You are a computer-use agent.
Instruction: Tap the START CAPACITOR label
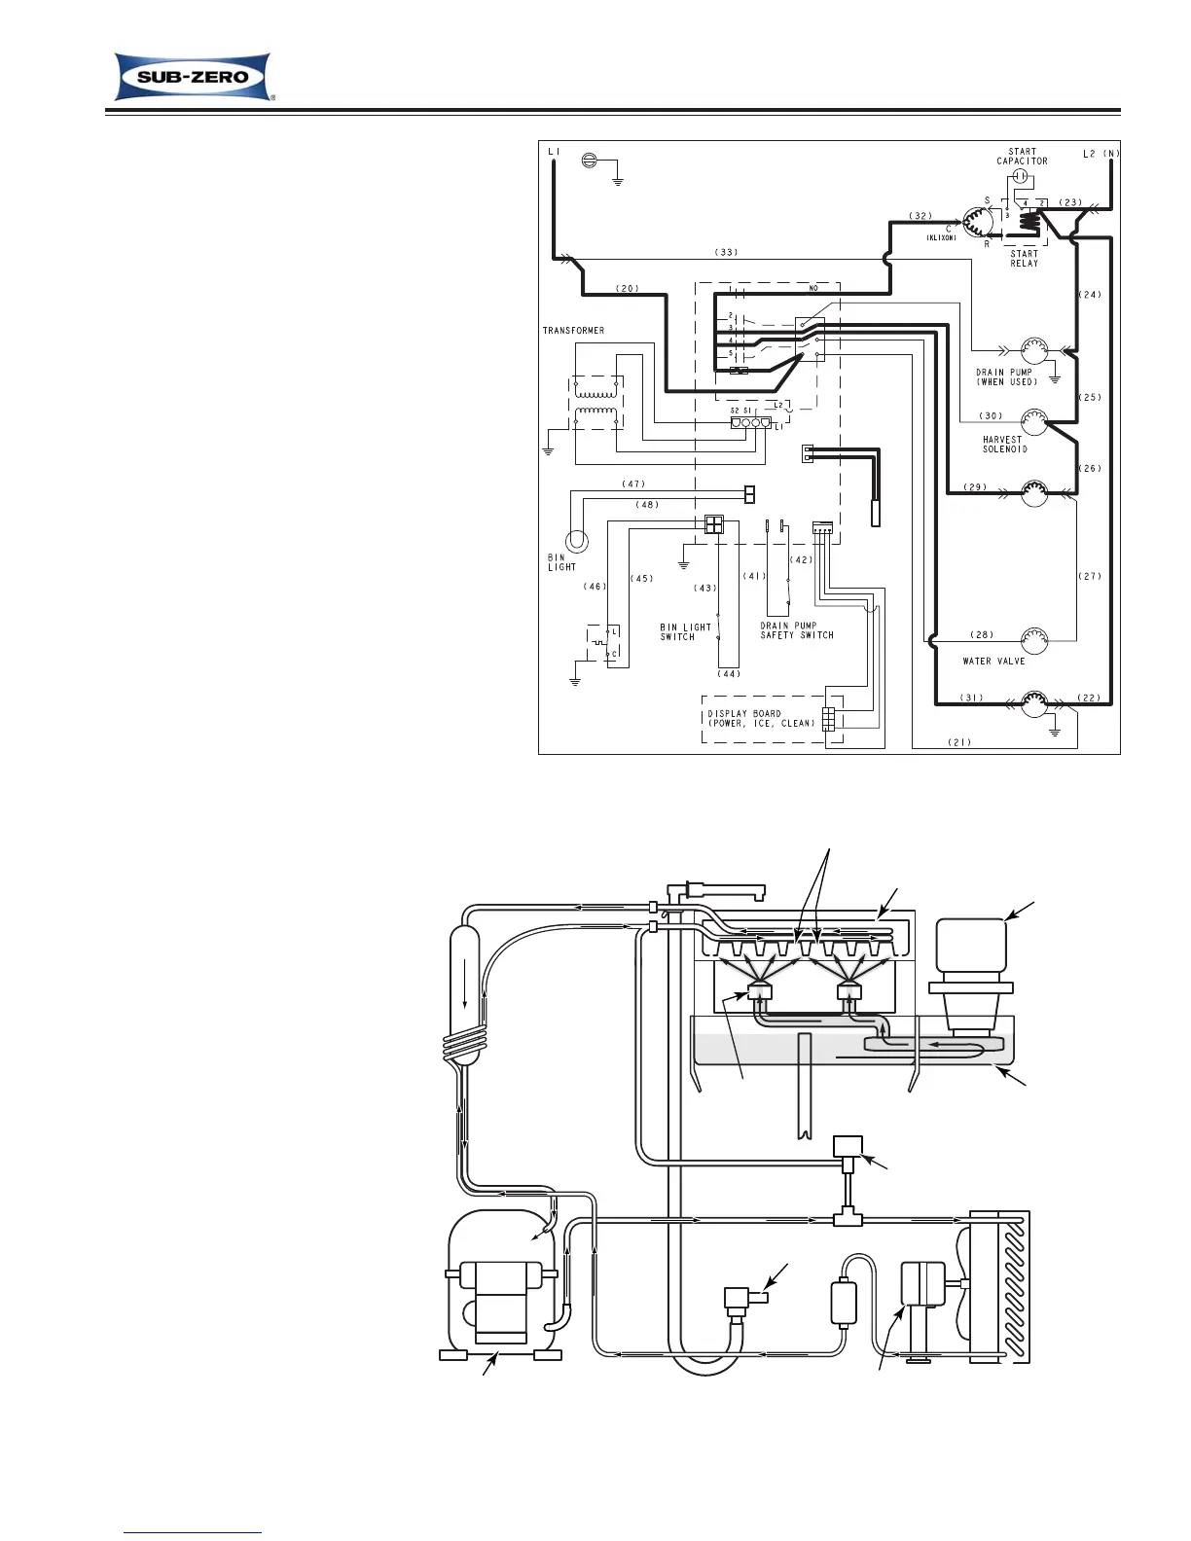(1022, 157)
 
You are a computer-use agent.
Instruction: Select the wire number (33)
(726, 253)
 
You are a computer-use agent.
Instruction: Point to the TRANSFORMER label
(573, 331)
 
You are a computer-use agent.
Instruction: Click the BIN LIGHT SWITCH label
(685, 631)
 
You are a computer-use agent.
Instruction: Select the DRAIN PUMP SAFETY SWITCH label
(797, 630)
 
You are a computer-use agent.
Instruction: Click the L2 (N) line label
(1101, 154)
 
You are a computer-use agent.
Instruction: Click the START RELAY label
(1024, 259)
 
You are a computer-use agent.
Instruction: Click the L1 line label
(554, 152)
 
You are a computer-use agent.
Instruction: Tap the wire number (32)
(920, 215)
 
